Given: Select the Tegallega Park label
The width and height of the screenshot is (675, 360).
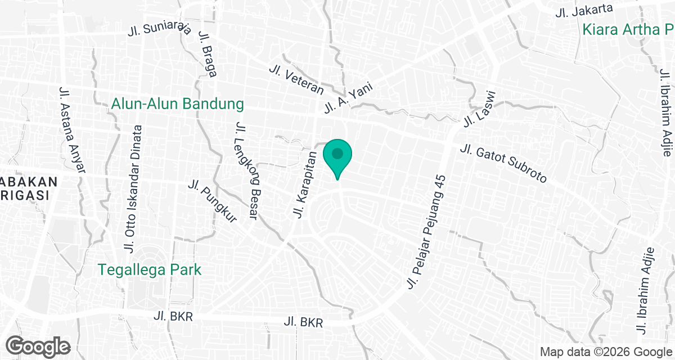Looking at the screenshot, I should (x=150, y=269).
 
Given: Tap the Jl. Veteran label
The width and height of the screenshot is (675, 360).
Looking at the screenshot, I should (x=296, y=79).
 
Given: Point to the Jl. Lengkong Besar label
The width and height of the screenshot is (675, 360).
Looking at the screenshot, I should (x=246, y=171).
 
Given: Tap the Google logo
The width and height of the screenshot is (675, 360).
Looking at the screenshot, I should (x=38, y=346).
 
